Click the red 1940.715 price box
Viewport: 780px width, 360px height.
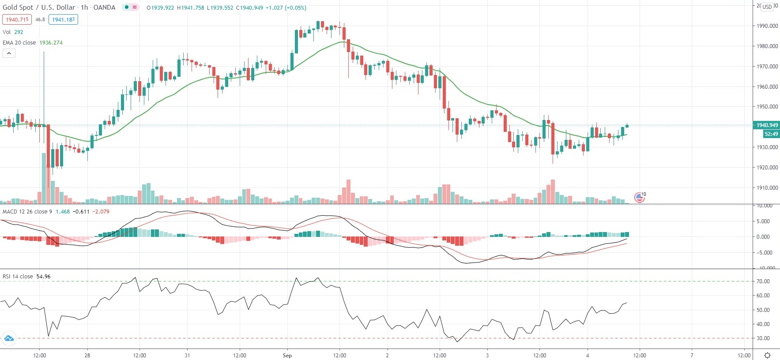click(17, 19)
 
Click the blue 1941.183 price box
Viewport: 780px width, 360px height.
click(64, 19)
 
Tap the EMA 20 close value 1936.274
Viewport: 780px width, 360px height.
click(51, 43)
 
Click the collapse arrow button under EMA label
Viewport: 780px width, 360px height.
click(9, 53)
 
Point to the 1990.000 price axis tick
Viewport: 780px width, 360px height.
click(767, 26)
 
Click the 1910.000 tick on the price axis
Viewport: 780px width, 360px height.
click(767, 188)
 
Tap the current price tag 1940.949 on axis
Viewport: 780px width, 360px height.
click(767, 125)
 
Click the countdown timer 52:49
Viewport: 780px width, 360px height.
click(771, 134)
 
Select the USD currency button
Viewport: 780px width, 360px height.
click(767, 7)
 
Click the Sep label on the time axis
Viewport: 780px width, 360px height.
click(287, 356)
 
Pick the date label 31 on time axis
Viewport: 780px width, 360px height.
click(187, 356)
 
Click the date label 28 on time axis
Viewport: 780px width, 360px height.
click(87, 356)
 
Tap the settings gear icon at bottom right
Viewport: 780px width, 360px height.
click(768, 355)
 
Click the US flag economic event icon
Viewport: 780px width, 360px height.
click(639, 197)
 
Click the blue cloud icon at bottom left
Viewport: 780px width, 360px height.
click(9, 338)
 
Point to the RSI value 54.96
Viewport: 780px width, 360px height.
click(43, 277)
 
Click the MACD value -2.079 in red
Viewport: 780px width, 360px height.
click(102, 212)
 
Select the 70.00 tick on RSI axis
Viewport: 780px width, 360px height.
click(763, 281)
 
